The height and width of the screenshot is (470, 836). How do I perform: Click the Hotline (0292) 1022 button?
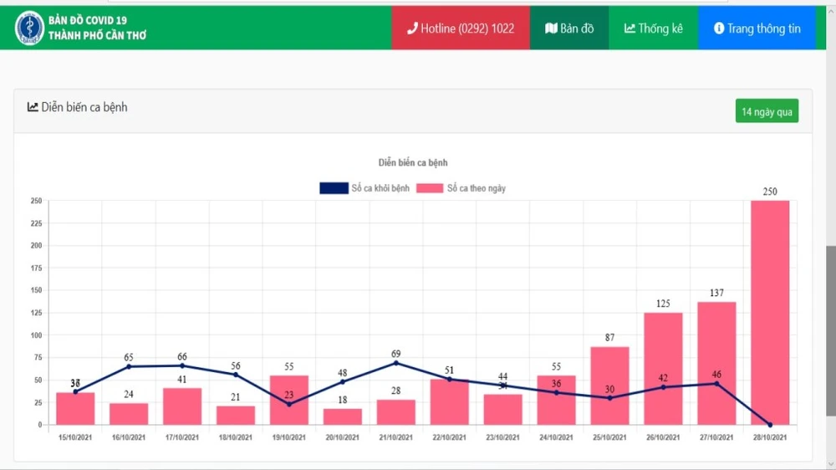tap(461, 28)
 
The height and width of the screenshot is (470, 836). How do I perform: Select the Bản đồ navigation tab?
tap(569, 28)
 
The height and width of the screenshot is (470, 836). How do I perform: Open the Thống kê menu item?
tap(653, 28)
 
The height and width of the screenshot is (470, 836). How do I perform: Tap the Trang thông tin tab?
tap(757, 28)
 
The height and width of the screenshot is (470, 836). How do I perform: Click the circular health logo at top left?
tap(29, 28)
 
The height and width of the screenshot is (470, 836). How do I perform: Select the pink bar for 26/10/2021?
tap(663, 368)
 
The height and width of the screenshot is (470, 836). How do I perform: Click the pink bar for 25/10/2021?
tap(609, 385)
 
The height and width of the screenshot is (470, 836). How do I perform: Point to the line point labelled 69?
tap(396, 363)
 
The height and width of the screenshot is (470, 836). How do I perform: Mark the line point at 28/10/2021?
tap(770, 425)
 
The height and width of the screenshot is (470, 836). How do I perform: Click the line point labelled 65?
tap(129, 366)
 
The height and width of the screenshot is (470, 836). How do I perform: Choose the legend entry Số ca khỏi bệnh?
tap(364, 188)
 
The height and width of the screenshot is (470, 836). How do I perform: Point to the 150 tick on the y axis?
tap(36, 290)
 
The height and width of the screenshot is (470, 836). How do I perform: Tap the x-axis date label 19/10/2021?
tap(289, 437)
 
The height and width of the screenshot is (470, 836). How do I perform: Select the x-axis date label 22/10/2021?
tap(449, 437)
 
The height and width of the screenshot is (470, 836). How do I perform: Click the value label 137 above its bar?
tap(716, 293)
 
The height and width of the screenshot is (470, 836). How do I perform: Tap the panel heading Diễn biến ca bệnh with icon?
tap(78, 107)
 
